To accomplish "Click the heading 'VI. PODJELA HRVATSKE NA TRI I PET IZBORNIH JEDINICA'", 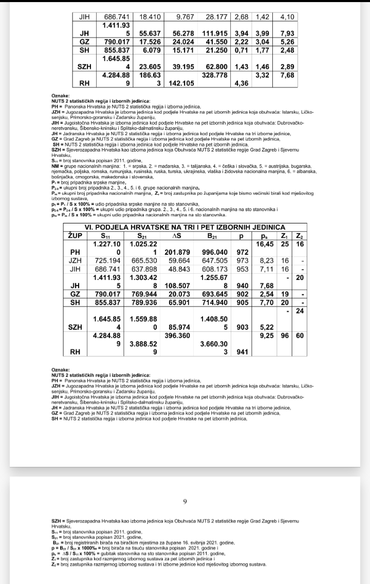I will [184, 227].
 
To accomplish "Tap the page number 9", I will [184, 502].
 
